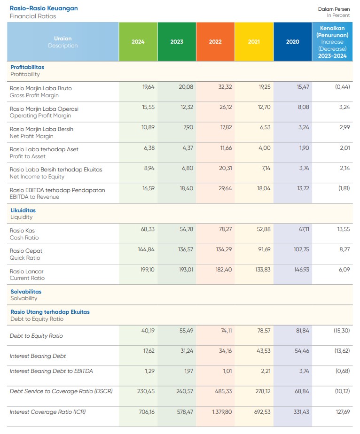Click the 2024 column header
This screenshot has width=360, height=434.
coord(138,42)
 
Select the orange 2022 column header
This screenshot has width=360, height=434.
coord(215,42)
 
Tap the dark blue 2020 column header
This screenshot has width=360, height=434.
coord(292,42)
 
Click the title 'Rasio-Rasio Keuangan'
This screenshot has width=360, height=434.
coord(44,8)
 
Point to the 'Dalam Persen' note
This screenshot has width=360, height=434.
coord(334,9)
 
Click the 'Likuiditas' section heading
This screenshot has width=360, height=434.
coord(23,210)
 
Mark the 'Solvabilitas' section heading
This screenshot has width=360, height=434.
coord(26,292)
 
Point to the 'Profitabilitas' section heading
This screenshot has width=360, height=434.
coord(27,67)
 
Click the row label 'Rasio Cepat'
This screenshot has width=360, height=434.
coord(26,251)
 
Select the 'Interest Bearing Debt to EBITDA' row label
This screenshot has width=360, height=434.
coord(51,371)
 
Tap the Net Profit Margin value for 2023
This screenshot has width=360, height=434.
coord(187,128)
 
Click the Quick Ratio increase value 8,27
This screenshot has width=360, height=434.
coord(343,250)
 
